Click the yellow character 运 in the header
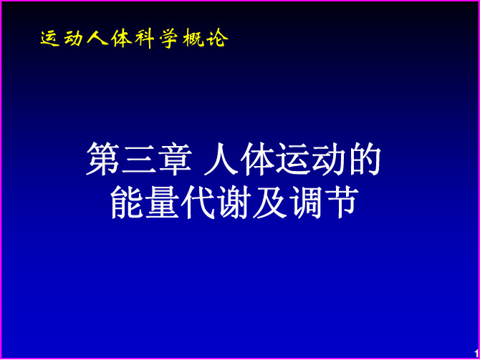point(50,39)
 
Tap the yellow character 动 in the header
point(74,39)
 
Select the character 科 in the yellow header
point(144,39)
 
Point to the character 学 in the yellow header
point(168,39)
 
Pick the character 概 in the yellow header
point(193,39)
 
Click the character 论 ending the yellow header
point(217,38)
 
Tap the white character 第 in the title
point(102,159)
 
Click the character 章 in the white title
point(175,159)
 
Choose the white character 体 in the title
point(256,159)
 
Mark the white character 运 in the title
point(292,159)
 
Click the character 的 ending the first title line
point(365,159)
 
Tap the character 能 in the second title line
point(126,202)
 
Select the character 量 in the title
point(162,202)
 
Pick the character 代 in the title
point(198,202)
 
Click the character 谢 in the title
point(234,202)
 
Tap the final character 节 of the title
point(342,202)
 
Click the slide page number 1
point(476,354)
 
